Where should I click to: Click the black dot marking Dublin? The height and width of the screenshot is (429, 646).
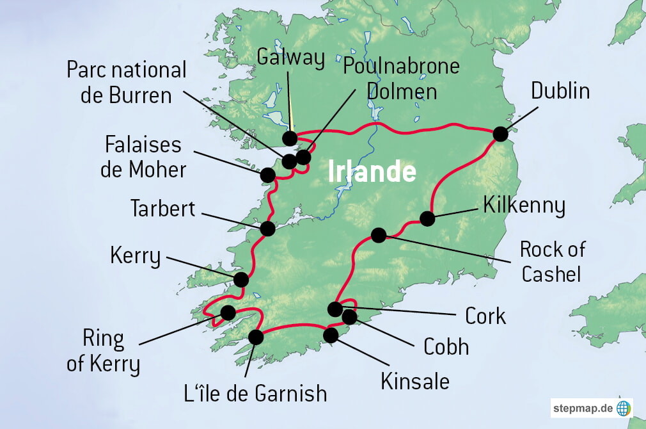[x=500, y=134]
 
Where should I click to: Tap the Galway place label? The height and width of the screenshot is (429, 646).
[x=290, y=58]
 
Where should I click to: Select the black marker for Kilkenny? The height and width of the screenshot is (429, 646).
[x=427, y=219]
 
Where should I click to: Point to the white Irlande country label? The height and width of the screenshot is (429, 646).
[x=372, y=172]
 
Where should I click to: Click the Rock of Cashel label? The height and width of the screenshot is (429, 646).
[x=552, y=261]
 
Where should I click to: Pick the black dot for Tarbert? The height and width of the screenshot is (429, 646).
[x=268, y=228]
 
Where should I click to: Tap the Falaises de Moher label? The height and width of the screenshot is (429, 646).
[x=145, y=157]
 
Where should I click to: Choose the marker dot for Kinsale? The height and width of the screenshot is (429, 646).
[x=331, y=335]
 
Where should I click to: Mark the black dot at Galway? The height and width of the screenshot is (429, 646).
[x=290, y=138]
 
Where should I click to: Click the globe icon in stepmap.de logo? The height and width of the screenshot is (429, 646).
[x=623, y=408]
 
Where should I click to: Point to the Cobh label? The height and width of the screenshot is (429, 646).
[x=446, y=346]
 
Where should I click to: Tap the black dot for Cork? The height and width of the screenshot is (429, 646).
[x=335, y=309]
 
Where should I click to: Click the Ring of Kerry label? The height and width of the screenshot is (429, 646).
[x=104, y=352]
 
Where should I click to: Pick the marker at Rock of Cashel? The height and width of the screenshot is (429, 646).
[x=379, y=235]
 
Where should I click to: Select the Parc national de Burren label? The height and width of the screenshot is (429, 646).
[x=127, y=83]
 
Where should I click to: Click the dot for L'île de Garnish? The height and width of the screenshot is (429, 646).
[x=256, y=337]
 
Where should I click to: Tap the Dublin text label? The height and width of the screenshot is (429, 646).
[x=560, y=91]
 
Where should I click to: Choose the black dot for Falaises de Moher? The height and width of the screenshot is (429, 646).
[x=268, y=174]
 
